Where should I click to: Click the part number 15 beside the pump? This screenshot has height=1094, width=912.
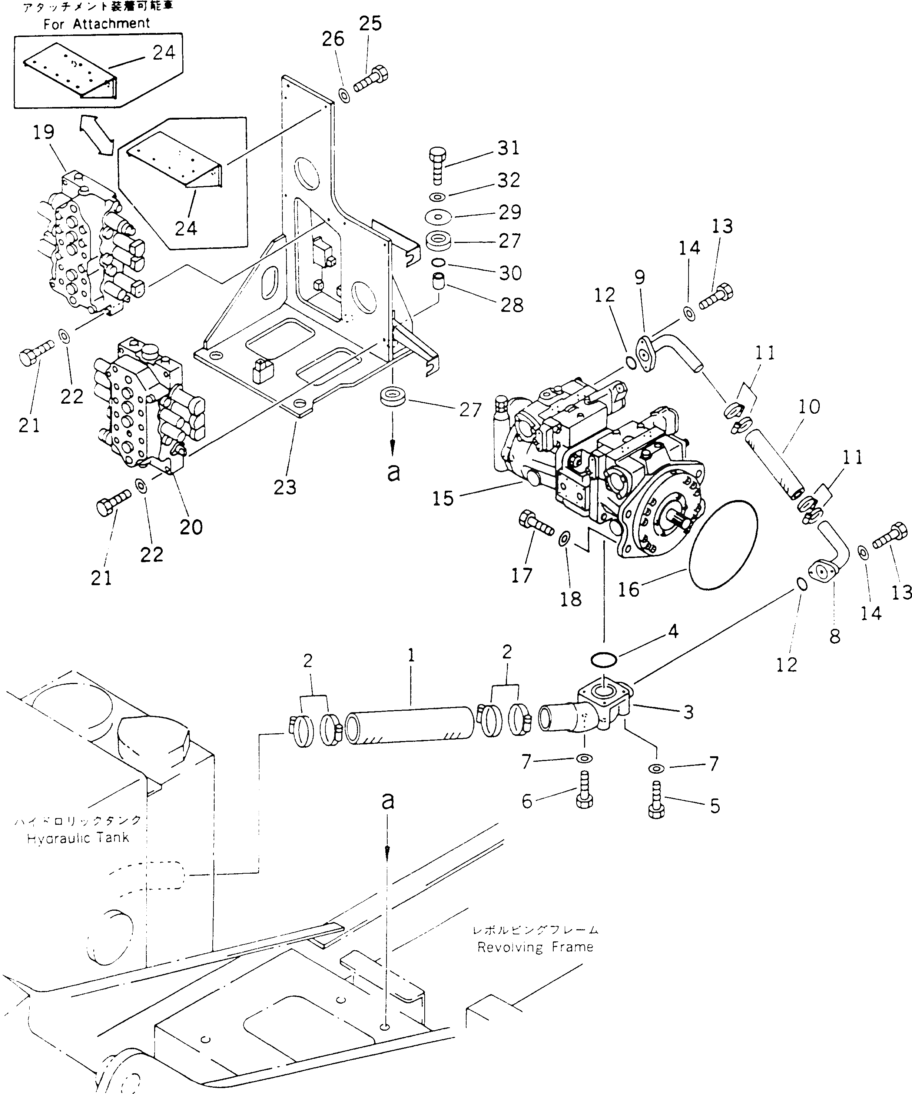pos(442,498)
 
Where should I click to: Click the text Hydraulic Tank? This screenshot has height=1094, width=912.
pos(78,838)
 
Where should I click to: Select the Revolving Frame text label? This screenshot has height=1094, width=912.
pos(535,947)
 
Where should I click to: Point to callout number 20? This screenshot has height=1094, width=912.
pos(191,527)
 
